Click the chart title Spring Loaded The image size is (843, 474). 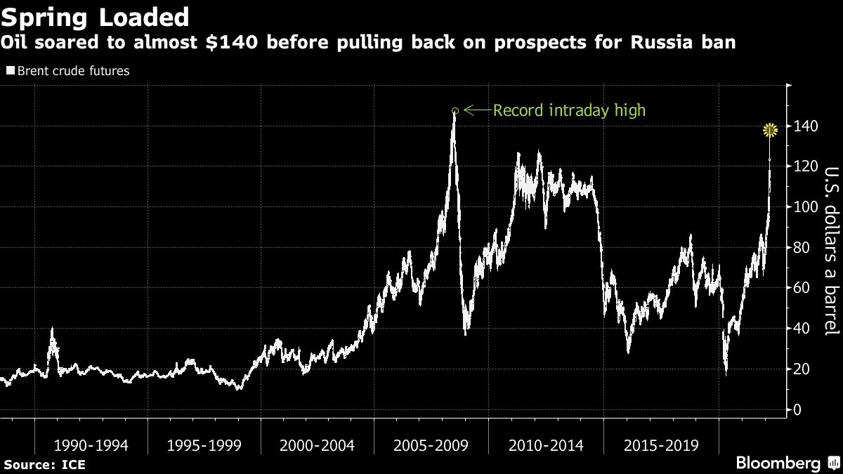coord(96,16)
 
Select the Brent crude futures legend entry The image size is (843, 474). coord(68,71)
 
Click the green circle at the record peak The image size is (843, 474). coord(455,110)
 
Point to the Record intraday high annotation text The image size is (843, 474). coord(569,110)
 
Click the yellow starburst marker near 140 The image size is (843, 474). coord(771,130)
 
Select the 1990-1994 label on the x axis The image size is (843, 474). coord(91,445)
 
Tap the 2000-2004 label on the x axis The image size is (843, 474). coord(317,445)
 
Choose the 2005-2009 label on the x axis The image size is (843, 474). coord(430,445)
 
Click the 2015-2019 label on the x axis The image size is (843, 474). coord(660,445)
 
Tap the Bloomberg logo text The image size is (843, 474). coord(778,463)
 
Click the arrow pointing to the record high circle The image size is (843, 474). coord(476,110)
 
